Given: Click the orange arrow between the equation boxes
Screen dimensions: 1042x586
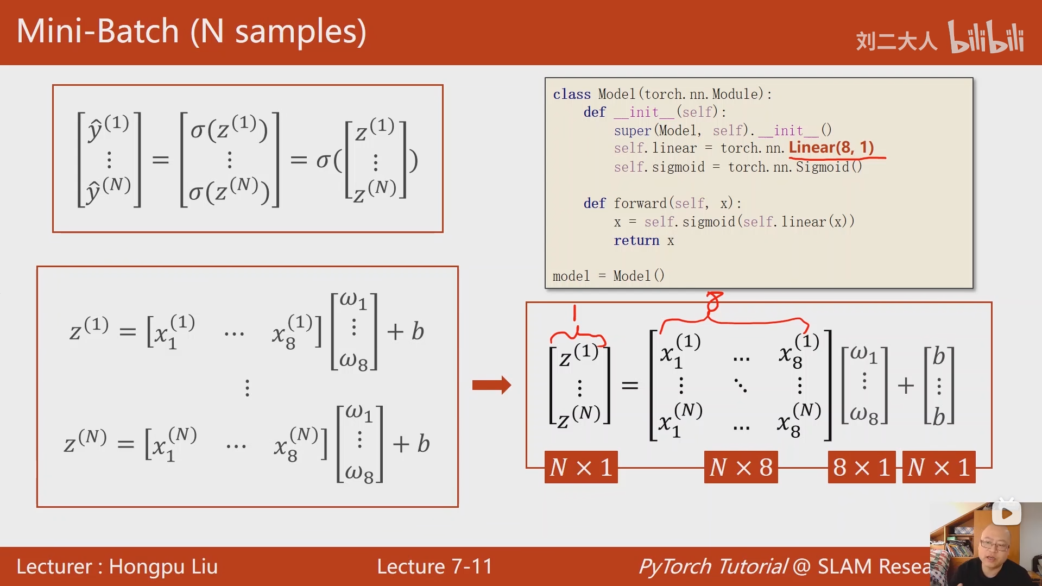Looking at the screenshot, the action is pos(491,385).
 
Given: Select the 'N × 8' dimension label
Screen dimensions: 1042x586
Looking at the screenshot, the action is pos(741,467).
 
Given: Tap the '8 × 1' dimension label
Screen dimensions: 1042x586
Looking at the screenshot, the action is pos(861,467).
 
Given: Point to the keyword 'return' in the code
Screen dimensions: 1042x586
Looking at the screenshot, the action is pos(636,241).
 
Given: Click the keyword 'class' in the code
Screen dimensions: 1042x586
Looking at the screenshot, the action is pos(571,94).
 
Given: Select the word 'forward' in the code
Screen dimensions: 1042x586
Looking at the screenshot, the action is pos(640,204).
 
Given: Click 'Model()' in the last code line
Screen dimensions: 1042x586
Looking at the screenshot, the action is pos(639,276).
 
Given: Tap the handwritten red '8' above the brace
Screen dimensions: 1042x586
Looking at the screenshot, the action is pos(714,302).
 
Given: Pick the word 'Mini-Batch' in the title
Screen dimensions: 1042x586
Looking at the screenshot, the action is pos(98,31).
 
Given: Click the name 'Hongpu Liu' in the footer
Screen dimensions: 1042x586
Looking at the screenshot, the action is pos(163,566).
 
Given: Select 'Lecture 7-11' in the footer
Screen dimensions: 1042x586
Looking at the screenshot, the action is pos(434,566).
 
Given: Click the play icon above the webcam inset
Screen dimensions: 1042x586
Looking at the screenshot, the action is pos(1006,513).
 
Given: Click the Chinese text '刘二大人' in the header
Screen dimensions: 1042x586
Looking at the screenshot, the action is pos(896,41).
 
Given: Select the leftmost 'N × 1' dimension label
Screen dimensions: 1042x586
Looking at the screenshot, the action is pos(581,467).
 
